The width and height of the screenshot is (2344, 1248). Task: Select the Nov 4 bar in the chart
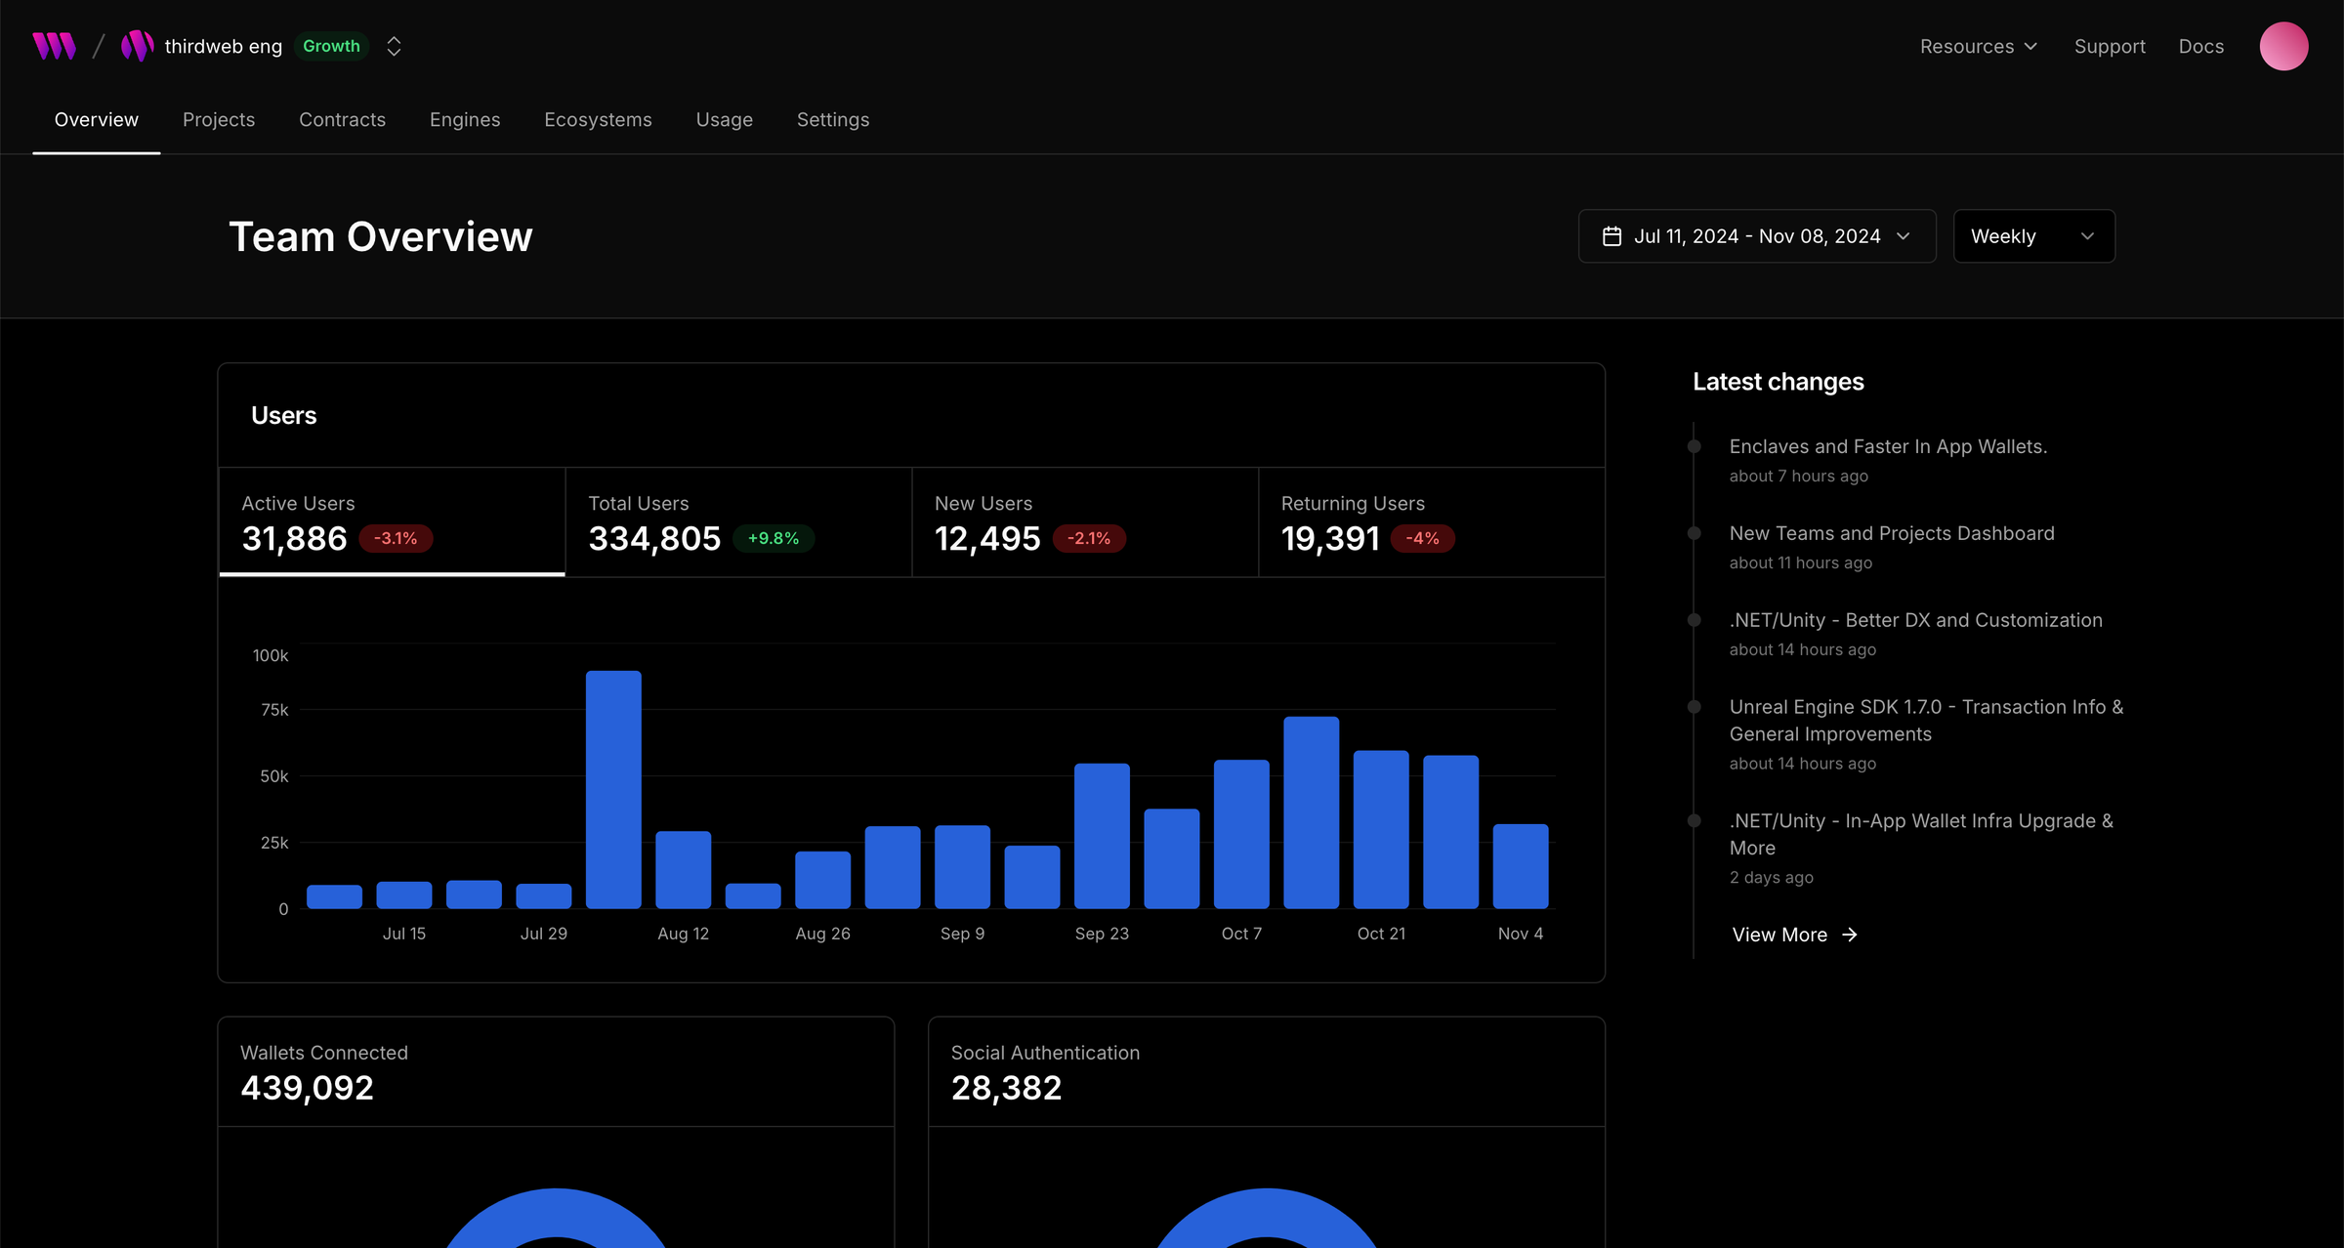[1521, 866]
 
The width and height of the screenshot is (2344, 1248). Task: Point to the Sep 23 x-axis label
[1102, 934]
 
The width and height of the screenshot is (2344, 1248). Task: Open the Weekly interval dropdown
[2033, 236]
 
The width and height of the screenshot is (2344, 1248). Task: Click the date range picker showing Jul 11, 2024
[1756, 236]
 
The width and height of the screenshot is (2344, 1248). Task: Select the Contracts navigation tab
[342, 119]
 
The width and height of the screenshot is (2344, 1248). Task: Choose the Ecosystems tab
[598, 119]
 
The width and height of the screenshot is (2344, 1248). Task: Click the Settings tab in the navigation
[833, 119]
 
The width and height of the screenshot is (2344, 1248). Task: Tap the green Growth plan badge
[331, 46]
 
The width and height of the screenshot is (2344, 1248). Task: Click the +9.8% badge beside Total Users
[773, 538]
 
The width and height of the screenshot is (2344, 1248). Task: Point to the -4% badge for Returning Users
[1422, 538]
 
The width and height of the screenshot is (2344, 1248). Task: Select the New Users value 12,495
[987, 538]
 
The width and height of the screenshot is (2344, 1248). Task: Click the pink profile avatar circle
[2283, 46]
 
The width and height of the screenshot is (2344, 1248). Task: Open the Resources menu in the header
[1978, 46]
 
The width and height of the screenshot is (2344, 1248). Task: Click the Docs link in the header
[2200, 46]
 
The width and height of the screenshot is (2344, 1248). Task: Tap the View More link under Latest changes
[1794, 935]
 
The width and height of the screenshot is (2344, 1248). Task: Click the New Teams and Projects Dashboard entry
[1892, 533]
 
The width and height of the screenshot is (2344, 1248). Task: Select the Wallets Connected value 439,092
[307, 1088]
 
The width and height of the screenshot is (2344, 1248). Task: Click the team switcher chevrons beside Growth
[394, 46]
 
